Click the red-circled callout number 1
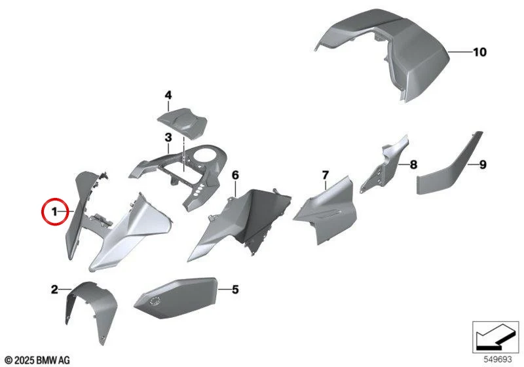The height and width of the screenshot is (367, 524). click(54, 212)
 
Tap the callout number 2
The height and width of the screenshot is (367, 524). click(54, 290)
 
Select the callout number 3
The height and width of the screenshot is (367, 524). click(168, 137)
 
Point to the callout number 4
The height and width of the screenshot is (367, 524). click(168, 95)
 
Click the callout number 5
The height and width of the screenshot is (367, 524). click(235, 290)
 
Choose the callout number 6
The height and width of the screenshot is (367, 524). click(235, 175)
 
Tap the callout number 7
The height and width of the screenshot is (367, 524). click(326, 175)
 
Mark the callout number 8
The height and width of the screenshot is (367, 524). click(413, 164)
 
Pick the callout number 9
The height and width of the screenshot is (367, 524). click(483, 164)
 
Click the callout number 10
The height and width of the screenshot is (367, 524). click(479, 52)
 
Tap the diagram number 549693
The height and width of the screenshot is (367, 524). click(498, 360)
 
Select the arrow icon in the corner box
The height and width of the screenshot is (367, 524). click(496, 337)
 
